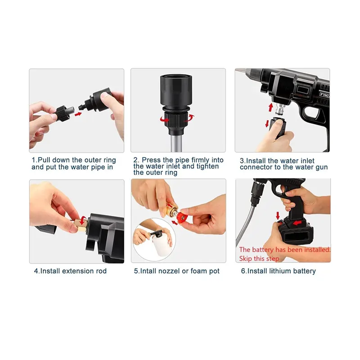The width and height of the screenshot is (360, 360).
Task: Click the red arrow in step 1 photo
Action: (78, 114)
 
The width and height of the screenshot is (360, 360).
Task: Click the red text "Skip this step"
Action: (259, 259)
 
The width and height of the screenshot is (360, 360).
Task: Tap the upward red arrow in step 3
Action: (271, 108)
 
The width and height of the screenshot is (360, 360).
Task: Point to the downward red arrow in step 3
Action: (267, 123)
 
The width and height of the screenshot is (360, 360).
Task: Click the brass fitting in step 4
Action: (80, 225)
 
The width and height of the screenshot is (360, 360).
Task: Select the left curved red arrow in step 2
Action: (164, 119)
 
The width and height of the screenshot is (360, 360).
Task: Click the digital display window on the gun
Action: (303, 90)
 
